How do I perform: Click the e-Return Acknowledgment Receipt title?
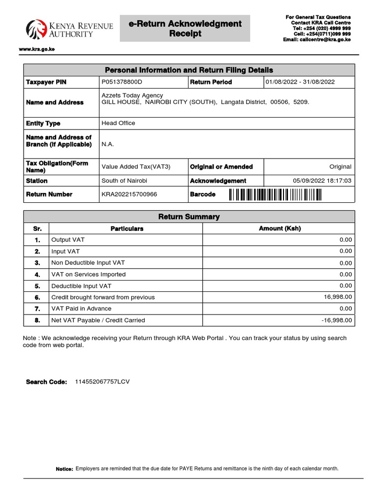pos(185,29)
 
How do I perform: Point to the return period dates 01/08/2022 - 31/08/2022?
pos(300,82)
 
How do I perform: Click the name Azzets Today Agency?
pos(132,95)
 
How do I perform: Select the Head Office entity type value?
pos(118,123)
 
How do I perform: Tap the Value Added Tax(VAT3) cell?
pos(136,167)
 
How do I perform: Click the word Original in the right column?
pos(340,167)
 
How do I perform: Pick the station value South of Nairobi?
pos(124,181)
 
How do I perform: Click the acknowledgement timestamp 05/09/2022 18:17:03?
pos(322,181)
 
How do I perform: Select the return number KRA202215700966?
pos(129,194)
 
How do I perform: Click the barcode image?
pos(275,195)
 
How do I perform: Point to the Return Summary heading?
pos(189,217)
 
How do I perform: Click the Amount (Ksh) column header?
pos(280,228)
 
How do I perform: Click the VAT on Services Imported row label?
pos(88,274)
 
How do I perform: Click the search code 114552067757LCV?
pos(102,381)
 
